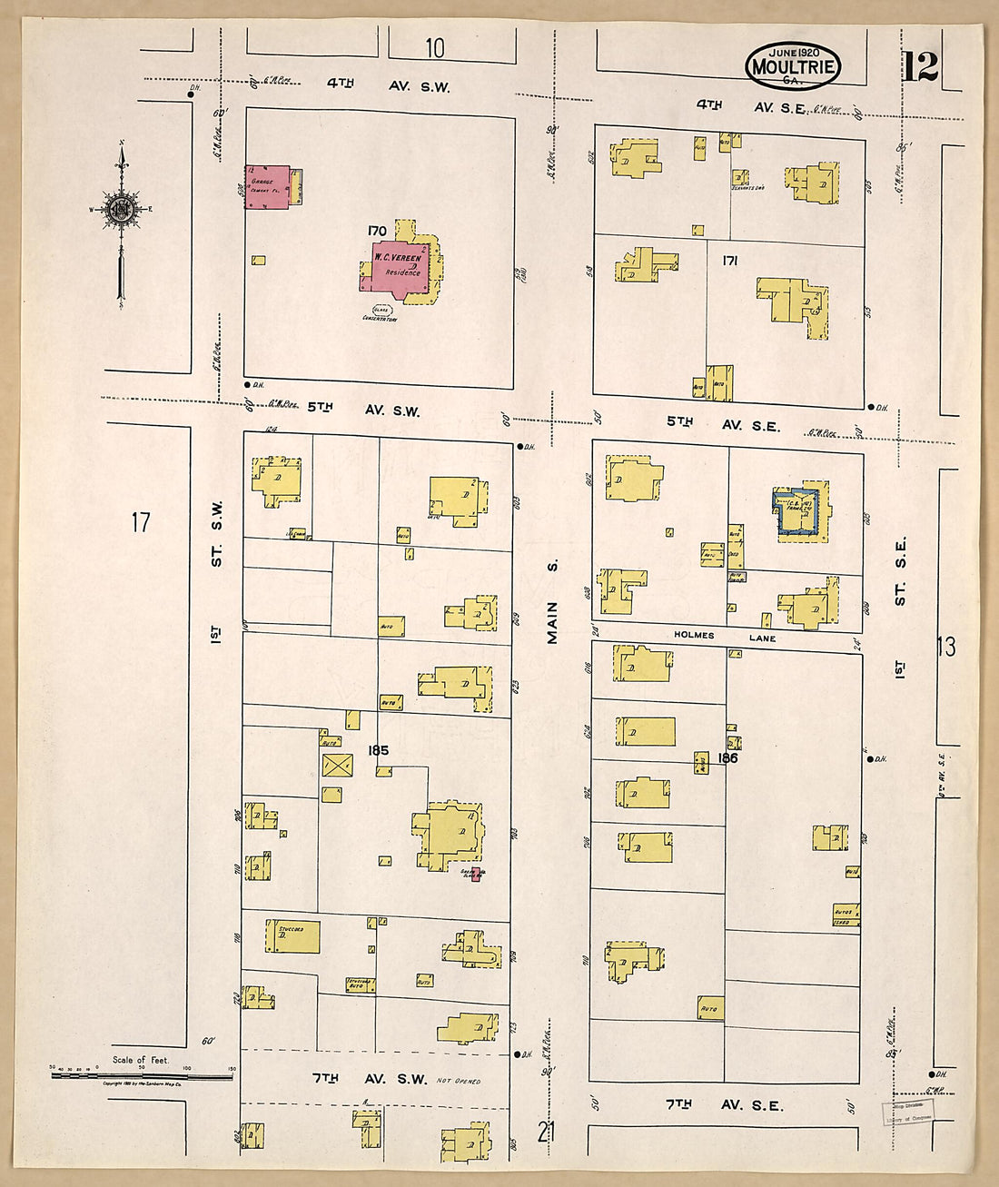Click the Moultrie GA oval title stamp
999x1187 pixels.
tap(793, 65)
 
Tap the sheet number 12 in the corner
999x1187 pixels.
tap(920, 66)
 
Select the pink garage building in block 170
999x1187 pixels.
tap(267, 186)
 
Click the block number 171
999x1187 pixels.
tap(729, 261)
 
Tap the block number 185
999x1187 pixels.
tap(378, 750)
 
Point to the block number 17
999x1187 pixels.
tap(140, 522)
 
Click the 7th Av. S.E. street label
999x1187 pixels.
tap(724, 1104)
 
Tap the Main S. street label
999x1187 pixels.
tap(552, 602)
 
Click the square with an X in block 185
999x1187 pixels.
tap(338, 765)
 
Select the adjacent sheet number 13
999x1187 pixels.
tap(946, 646)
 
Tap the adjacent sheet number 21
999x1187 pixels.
tap(545, 1132)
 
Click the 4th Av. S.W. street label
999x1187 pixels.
tap(388, 85)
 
